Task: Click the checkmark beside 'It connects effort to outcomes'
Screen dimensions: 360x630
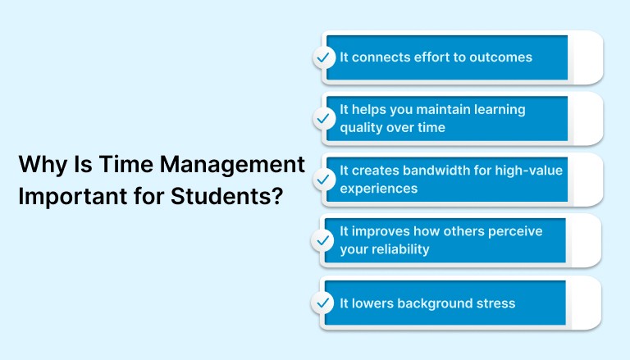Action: tap(324, 57)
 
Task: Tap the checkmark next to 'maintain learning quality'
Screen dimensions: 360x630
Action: tap(324, 119)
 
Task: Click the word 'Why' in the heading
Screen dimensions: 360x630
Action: tap(38, 165)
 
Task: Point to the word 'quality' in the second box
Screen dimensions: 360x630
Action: tap(362, 128)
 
